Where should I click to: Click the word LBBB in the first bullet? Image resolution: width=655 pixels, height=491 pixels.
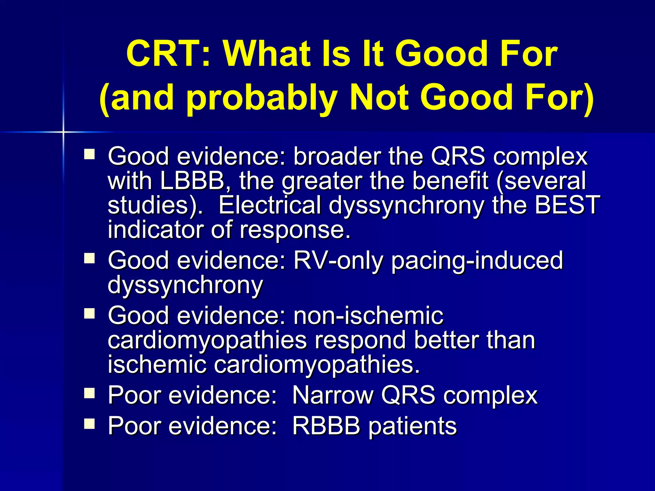click(x=192, y=181)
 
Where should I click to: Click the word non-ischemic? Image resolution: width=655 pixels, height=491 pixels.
click(x=368, y=316)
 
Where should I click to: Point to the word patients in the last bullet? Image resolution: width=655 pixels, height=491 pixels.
click(x=413, y=427)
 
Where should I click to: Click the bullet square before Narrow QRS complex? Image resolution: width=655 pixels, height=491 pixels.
click(x=90, y=394)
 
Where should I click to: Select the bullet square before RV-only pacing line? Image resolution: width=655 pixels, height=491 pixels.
click(x=90, y=258)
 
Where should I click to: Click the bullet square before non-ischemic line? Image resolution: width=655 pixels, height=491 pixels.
click(x=90, y=314)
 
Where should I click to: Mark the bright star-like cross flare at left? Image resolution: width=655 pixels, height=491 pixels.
click(x=63, y=132)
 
